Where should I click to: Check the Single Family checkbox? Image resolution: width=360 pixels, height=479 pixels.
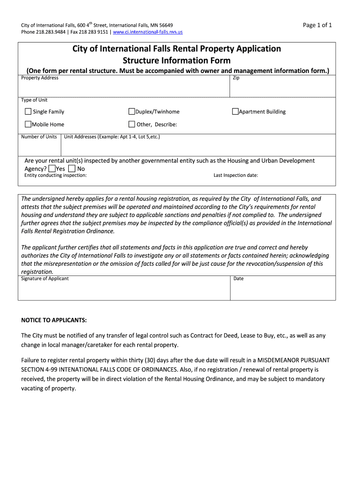28,112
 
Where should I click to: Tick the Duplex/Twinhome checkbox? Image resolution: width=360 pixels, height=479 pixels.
132,112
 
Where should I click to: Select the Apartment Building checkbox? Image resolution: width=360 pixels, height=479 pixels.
236,112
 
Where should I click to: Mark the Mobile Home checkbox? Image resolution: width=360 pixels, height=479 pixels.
28,124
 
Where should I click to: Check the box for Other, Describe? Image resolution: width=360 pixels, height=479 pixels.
132,124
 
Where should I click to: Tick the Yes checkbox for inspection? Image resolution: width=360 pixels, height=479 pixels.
51,168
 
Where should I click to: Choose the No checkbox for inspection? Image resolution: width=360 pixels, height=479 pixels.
72,168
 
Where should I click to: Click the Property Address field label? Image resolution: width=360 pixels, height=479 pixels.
40,78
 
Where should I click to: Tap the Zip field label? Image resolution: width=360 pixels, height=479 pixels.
236,78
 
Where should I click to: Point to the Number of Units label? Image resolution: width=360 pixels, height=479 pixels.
39,137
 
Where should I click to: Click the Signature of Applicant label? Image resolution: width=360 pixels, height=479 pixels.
45,279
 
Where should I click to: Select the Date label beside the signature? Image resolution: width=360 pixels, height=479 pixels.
238,279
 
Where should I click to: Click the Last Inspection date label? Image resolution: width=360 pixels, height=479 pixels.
236,175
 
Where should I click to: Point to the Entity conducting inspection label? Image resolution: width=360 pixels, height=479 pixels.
55,175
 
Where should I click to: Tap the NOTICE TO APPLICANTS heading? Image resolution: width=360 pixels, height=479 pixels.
54,320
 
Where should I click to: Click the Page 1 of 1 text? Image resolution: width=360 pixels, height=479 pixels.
317,25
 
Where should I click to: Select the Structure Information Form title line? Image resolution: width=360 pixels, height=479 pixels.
176,60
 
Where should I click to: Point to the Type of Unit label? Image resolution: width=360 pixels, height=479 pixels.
34,100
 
